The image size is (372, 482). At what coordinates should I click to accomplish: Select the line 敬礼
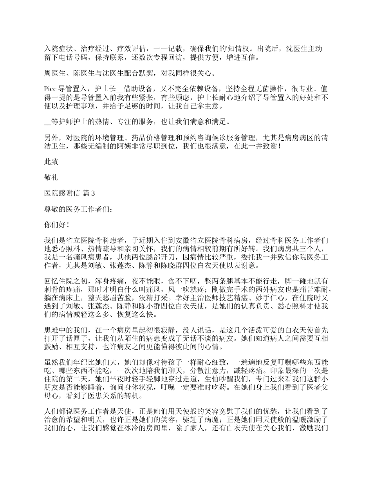click(x=51, y=177)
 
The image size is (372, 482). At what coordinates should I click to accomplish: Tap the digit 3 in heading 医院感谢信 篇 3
click(x=93, y=193)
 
